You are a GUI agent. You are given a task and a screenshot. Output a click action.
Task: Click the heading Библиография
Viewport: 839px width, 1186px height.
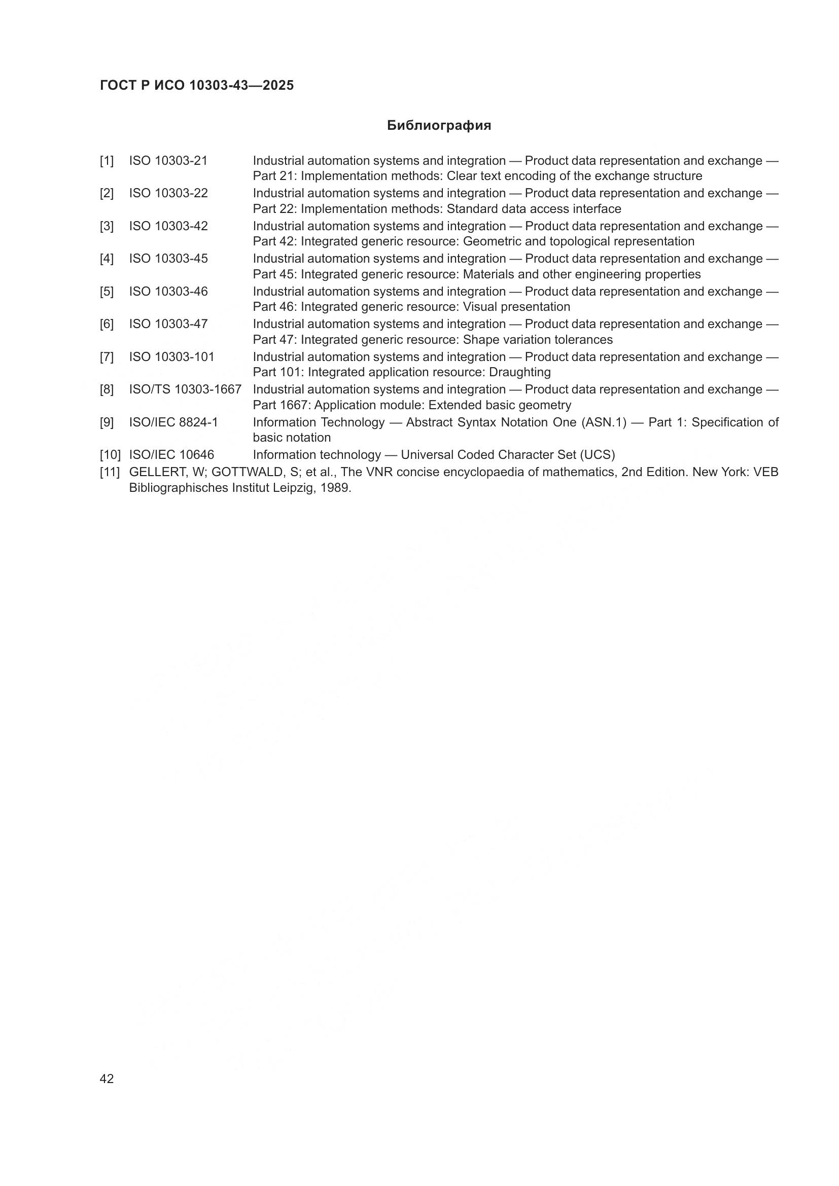(439, 126)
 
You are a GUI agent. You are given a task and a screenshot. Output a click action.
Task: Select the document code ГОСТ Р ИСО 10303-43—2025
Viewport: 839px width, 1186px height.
(197, 85)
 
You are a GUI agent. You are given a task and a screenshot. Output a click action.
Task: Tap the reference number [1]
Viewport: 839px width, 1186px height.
(107, 161)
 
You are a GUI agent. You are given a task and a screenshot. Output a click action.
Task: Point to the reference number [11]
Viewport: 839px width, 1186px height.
(110, 472)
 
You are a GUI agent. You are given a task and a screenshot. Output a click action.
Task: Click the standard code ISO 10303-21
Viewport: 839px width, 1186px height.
(168, 161)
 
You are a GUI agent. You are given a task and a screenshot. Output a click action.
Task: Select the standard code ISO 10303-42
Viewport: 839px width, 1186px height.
(168, 226)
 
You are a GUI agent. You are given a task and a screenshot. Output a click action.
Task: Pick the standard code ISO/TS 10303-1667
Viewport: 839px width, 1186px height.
(185, 389)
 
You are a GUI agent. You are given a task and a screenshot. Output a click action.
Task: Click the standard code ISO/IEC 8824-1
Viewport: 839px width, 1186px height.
(173, 422)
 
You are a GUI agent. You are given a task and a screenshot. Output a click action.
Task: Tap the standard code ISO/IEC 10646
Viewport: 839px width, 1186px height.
(171, 455)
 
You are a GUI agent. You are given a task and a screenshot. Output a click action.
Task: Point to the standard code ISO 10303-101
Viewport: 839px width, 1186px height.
(171, 357)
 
